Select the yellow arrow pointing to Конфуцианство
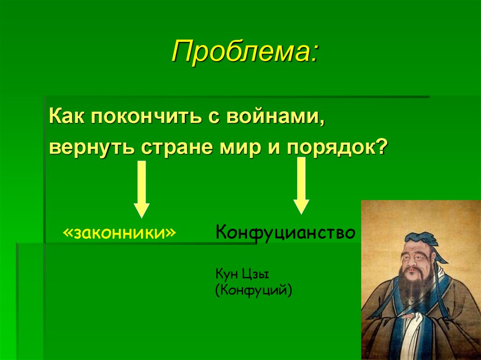301,185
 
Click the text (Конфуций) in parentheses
254,290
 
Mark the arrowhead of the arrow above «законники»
141,209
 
